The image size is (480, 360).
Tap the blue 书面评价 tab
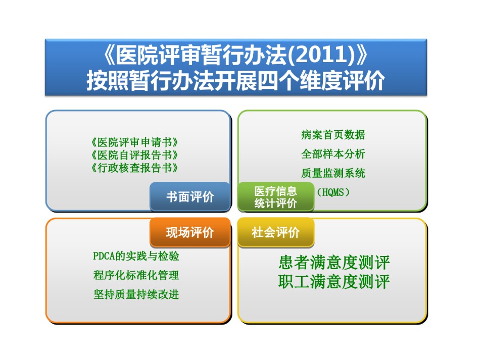click(x=190, y=197)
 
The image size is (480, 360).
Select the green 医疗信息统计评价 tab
click(x=276, y=197)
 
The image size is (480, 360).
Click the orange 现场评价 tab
click(x=190, y=232)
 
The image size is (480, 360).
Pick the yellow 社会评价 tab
click(x=276, y=232)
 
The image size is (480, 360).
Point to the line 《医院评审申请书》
click(x=135, y=142)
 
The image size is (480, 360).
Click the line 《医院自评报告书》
click(x=135, y=155)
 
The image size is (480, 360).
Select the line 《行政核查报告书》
click(x=135, y=168)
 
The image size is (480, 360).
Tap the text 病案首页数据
click(x=333, y=135)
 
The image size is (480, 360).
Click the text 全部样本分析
click(x=333, y=154)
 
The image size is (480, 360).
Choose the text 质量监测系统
click(x=333, y=173)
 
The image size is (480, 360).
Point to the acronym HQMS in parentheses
click(x=333, y=192)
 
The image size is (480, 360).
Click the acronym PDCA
click(x=104, y=256)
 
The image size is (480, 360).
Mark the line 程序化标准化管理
click(x=136, y=275)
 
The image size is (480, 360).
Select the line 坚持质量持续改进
click(x=136, y=294)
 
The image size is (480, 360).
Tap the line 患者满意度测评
click(x=334, y=263)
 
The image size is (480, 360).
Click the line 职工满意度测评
click(x=334, y=281)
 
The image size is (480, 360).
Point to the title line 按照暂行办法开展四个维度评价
click(x=236, y=81)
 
